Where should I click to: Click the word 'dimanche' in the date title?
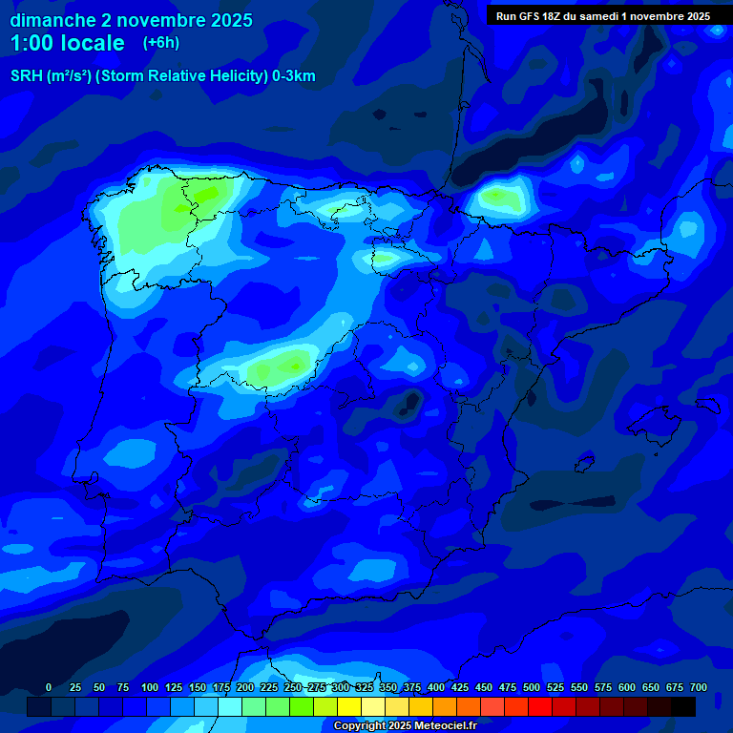pos(52,20)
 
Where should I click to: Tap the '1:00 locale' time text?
pos(67,43)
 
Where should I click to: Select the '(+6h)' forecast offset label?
pos(160,43)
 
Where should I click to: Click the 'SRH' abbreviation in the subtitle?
pos(26,76)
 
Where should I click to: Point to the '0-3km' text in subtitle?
pos(293,76)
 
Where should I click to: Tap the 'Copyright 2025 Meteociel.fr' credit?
pos(405,725)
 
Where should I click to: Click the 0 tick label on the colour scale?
pos(49,687)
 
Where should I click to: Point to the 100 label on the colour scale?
pos(149,687)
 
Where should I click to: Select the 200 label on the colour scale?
pos(245,687)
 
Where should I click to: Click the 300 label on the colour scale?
pos(341,687)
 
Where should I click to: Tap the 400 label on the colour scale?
pos(436,687)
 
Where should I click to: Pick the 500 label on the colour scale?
pos(532,687)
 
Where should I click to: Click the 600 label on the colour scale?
pos(627,687)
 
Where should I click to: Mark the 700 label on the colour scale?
pos(699,687)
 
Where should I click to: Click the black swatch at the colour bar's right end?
pos(683,706)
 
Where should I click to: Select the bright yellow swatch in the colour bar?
pos(349,706)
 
